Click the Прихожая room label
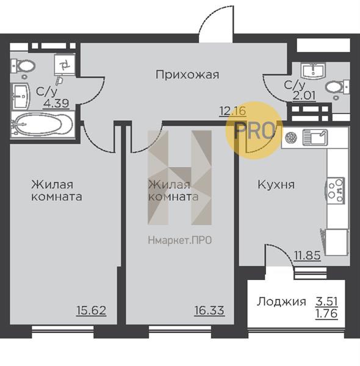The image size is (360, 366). point(187,75)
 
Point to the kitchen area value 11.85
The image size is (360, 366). point(307,256)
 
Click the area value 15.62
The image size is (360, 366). point(92,310)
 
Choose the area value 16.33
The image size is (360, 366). point(209,310)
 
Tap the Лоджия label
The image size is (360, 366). point(281,301)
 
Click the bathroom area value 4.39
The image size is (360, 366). point(56,102)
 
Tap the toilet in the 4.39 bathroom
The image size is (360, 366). point(24,65)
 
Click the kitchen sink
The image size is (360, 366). point(312,137)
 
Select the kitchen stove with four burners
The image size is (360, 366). point(336,189)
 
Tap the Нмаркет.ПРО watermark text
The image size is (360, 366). point(180,240)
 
